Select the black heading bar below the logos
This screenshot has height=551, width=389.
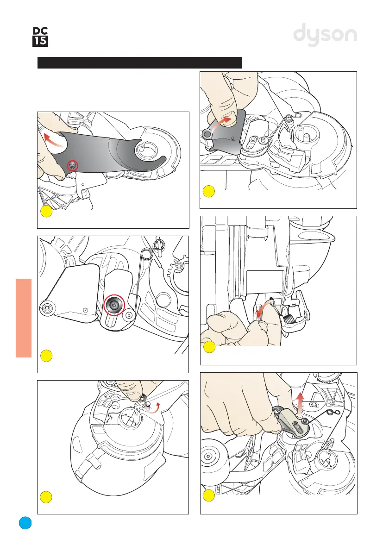click(x=139, y=63)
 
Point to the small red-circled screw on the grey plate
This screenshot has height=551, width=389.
click(x=72, y=165)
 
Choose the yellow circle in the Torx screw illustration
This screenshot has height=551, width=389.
click(x=45, y=356)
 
